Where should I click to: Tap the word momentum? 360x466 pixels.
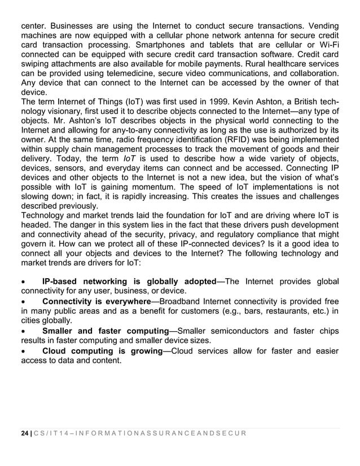[x=159, y=186]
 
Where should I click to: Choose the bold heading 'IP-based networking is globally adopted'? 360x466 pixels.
[x=129, y=281]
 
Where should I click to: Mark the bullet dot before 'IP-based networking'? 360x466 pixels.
[x=23, y=282]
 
